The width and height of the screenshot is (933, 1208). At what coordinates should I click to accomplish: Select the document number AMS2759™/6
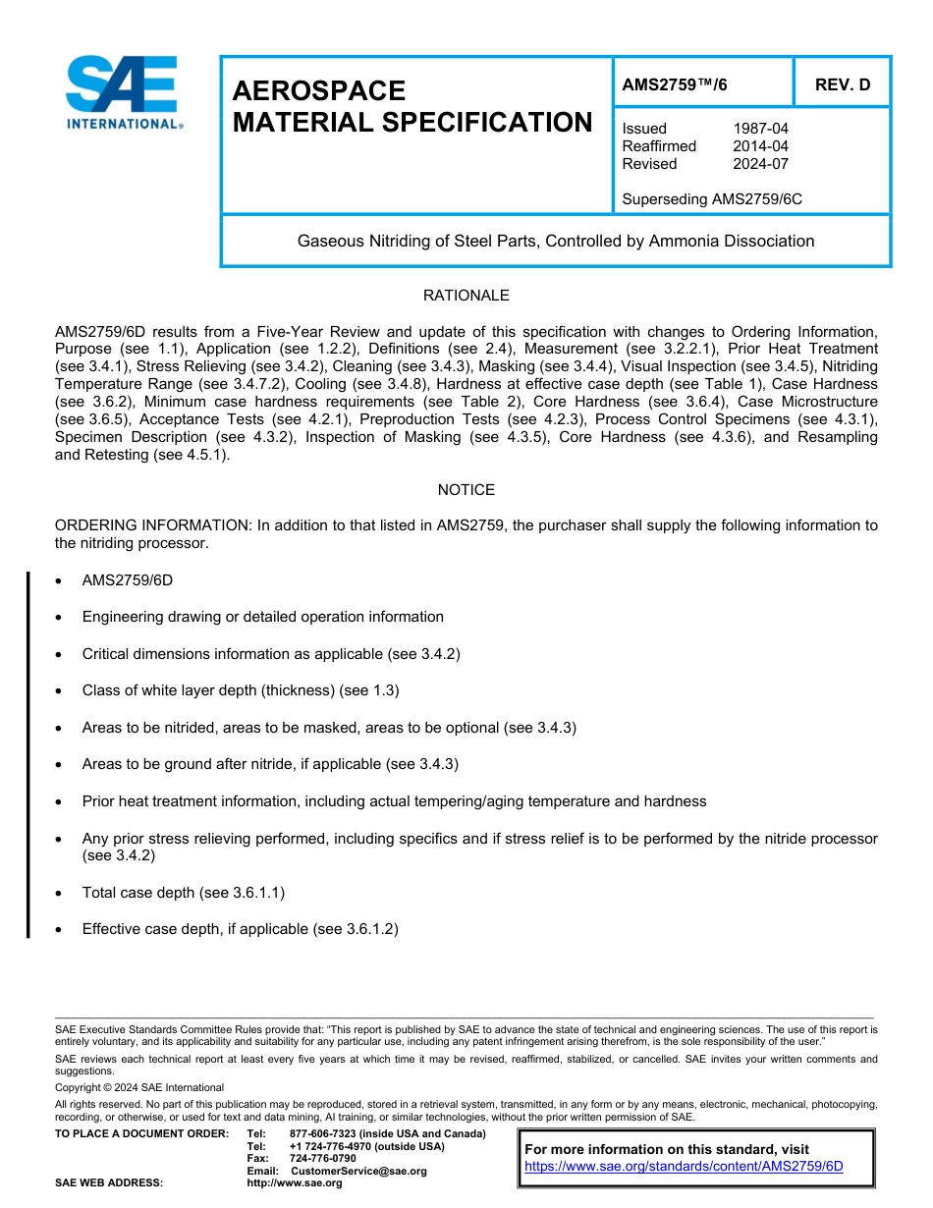pos(675,84)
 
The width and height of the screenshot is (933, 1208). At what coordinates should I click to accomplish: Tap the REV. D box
pos(842,84)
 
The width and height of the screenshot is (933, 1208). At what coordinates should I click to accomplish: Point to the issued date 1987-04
pos(760,129)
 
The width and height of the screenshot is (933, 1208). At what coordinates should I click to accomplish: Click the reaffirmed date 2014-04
pos(760,146)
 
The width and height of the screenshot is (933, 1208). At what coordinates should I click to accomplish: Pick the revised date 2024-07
pos(760,164)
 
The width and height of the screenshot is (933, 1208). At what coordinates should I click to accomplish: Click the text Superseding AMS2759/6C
pos(712,199)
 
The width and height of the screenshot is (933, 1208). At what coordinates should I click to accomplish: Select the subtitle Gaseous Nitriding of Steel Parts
pos(555,241)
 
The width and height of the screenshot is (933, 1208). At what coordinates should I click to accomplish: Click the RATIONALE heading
pos(466,296)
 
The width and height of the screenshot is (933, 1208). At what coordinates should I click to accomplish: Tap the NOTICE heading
pos(466,490)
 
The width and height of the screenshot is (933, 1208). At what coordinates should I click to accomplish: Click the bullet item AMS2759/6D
pos(128,580)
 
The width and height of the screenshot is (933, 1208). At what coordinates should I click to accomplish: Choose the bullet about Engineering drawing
pos(262,617)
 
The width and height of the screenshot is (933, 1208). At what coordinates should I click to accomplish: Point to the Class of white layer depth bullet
pos(241,690)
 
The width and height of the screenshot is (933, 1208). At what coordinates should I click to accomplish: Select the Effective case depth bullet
pos(240,929)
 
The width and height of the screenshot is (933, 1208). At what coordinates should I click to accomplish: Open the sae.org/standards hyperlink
pos(684,1167)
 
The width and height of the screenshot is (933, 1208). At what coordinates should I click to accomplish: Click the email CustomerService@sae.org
pos(358,1171)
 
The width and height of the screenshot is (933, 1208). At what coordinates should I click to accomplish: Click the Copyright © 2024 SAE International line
pos(139,1087)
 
